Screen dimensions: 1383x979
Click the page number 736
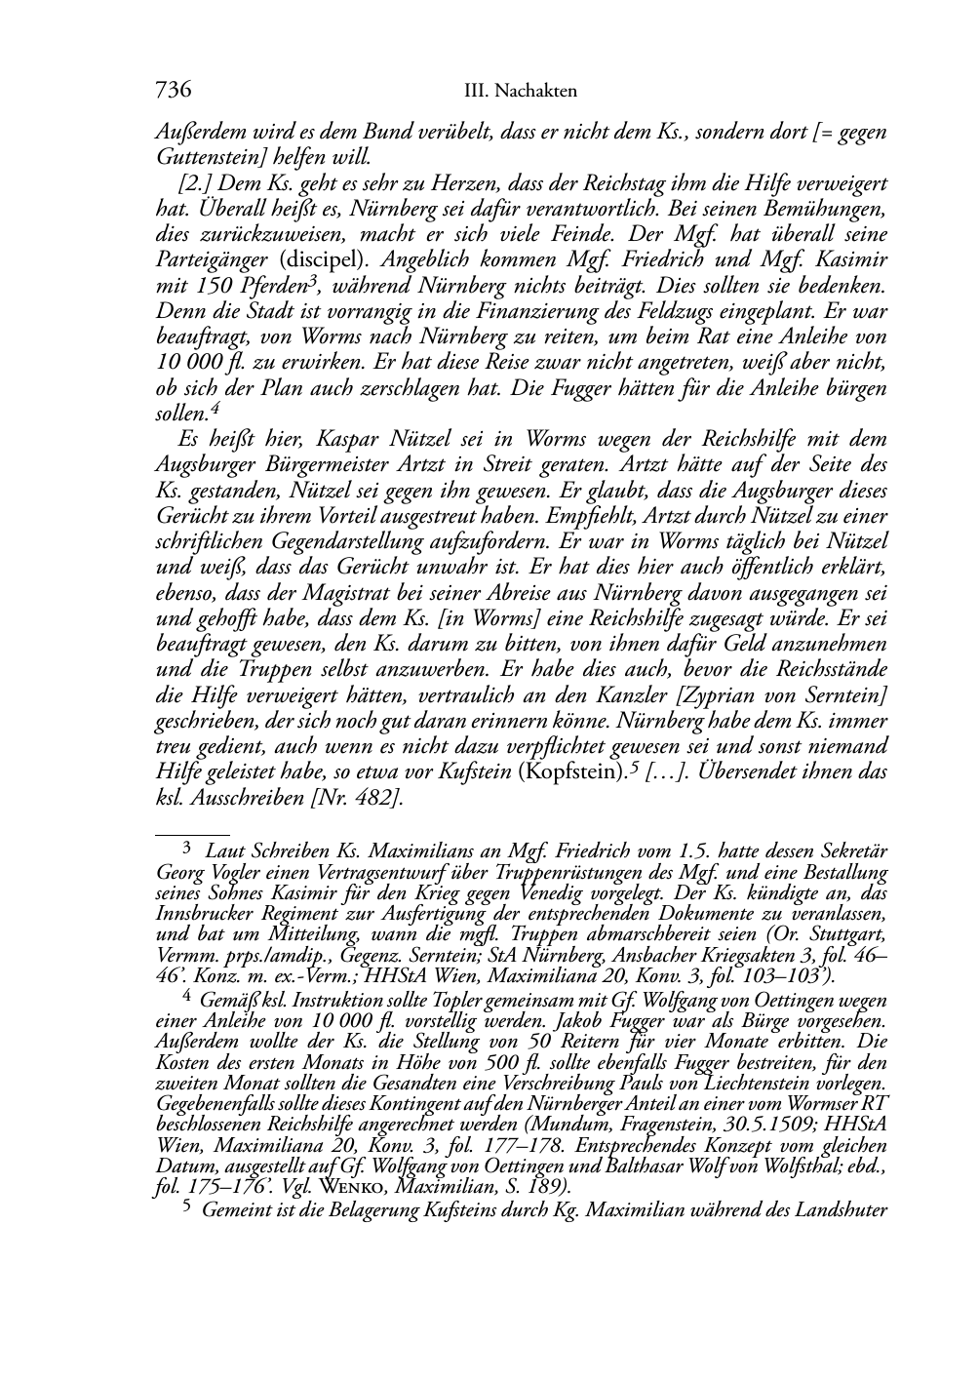[x=173, y=90]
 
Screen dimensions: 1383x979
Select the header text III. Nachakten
[x=521, y=92]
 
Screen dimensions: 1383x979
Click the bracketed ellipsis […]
[x=666, y=771]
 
